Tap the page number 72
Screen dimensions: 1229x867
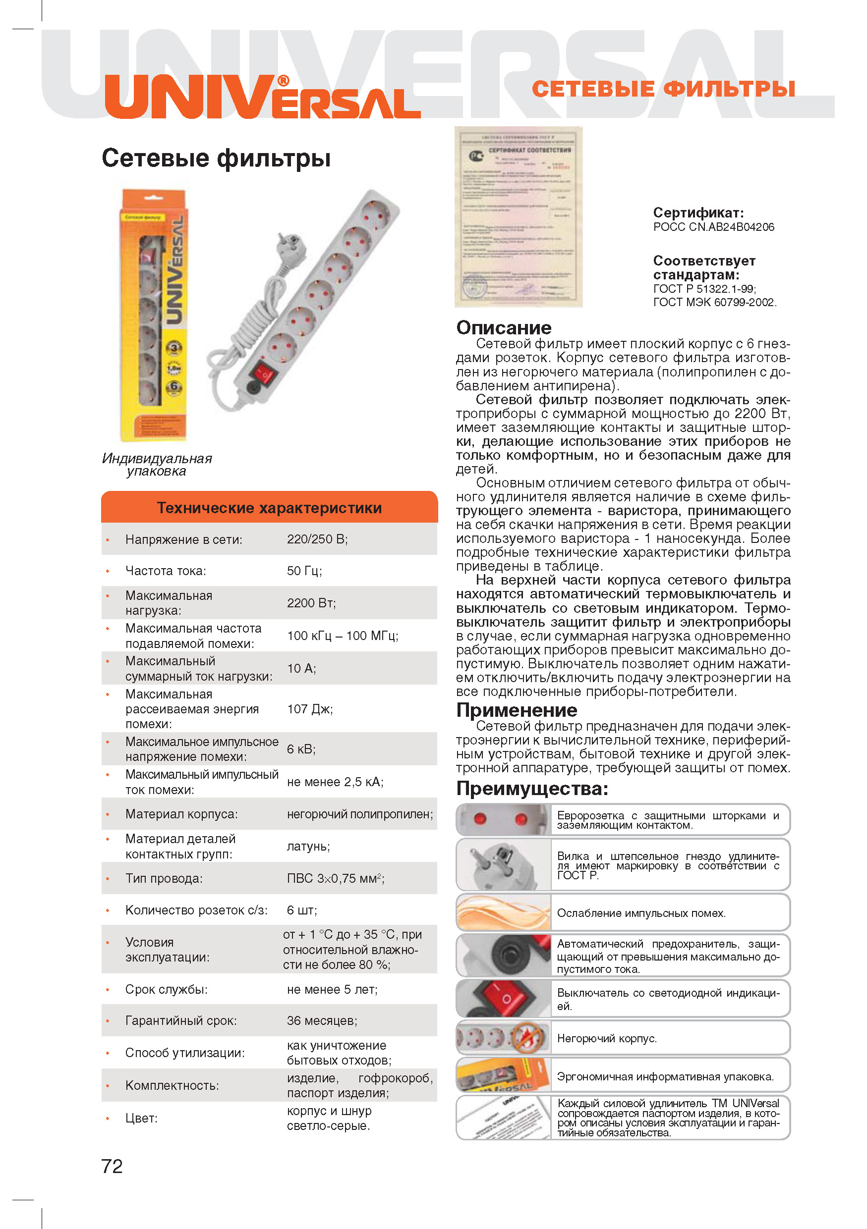[112, 1166]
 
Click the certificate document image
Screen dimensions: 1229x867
[518, 217]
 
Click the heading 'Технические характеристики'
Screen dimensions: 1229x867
[269, 507]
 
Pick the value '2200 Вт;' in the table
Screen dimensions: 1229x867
[311, 603]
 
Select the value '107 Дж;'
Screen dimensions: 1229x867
[309, 709]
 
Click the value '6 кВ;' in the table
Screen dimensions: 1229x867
[301, 749]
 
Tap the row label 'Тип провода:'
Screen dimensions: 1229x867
[164, 878]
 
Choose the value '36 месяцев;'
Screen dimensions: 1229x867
[321, 1020]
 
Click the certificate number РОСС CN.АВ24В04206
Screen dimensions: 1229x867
[713, 227]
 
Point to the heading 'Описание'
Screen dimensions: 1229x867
[503, 327]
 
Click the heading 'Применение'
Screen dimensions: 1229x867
[516, 710]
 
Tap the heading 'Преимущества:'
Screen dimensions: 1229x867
[532, 789]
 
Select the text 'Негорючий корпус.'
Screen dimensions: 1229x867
[606, 1038]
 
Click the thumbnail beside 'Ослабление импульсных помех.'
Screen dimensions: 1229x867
[503, 912]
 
